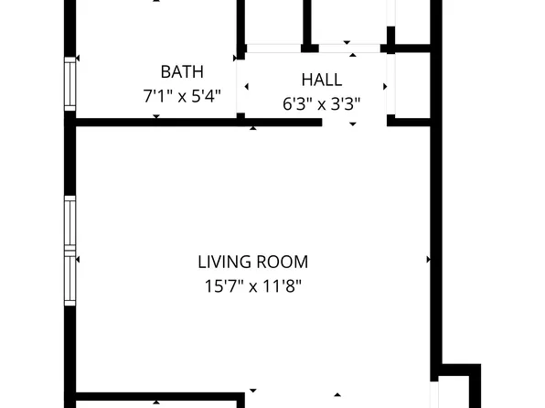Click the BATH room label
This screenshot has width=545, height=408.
click(182, 71)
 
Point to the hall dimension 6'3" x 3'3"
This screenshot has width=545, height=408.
click(320, 103)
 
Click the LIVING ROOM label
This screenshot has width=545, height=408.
click(252, 262)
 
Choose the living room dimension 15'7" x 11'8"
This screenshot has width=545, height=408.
click(252, 285)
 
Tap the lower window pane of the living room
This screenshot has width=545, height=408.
click(69, 280)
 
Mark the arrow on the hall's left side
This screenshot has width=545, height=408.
click(245, 87)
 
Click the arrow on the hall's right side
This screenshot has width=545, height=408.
click(384, 87)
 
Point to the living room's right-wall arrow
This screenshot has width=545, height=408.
click(428, 260)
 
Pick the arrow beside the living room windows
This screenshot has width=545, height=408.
click(78, 260)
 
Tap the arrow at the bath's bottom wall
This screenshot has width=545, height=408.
click(156, 116)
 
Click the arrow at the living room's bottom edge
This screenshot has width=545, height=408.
click(337, 395)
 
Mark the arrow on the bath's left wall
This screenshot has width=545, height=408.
click(78, 59)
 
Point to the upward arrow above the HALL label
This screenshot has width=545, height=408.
click(347, 42)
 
